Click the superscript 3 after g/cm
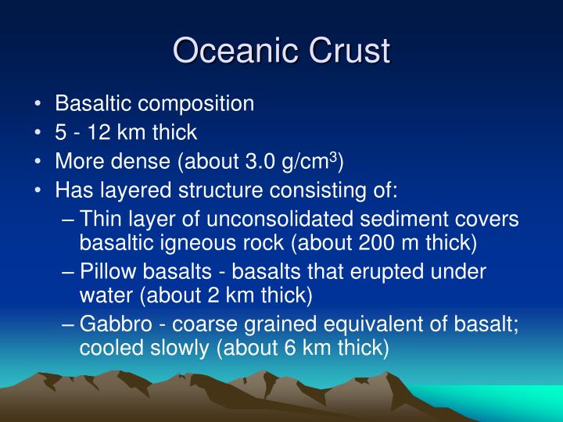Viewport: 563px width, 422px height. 332,157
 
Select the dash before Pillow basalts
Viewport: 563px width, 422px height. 69,272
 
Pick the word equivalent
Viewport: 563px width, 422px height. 372,324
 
